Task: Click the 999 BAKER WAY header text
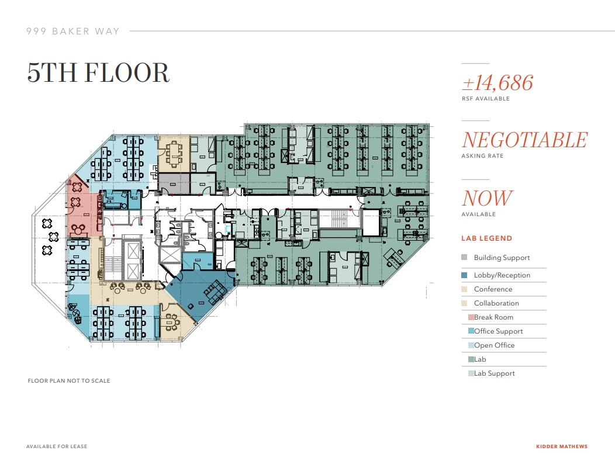point(72,31)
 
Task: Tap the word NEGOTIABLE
point(524,140)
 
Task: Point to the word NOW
point(488,198)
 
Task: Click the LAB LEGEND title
point(486,238)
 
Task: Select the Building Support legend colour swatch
point(464,258)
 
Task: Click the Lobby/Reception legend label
point(502,275)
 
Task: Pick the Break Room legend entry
point(493,317)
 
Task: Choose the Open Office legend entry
point(494,345)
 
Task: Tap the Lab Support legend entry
point(494,373)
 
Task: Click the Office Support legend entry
point(498,331)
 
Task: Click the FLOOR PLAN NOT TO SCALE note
point(69,381)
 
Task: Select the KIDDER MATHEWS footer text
point(561,447)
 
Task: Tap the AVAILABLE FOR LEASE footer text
point(57,447)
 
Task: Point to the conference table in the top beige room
point(174,153)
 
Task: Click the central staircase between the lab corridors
point(339,220)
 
